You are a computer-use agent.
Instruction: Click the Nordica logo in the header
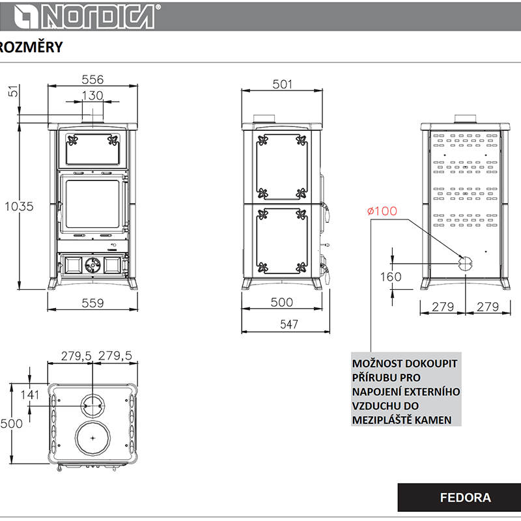[x=87, y=16]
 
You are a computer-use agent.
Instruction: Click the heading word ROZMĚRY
[x=31, y=47]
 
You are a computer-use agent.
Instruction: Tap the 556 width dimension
[x=92, y=79]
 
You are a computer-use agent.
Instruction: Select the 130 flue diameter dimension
[x=92, y=96]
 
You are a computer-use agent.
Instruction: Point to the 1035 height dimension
[x=20, y=206]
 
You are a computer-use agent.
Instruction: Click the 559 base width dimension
[x=92, y=303]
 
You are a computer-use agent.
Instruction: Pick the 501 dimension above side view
[x=283, y=85]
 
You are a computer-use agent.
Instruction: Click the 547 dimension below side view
[x=289, y=324]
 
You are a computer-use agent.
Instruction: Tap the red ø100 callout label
[x=382, y=211]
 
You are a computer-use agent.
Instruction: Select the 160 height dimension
[x=391, y=277]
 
